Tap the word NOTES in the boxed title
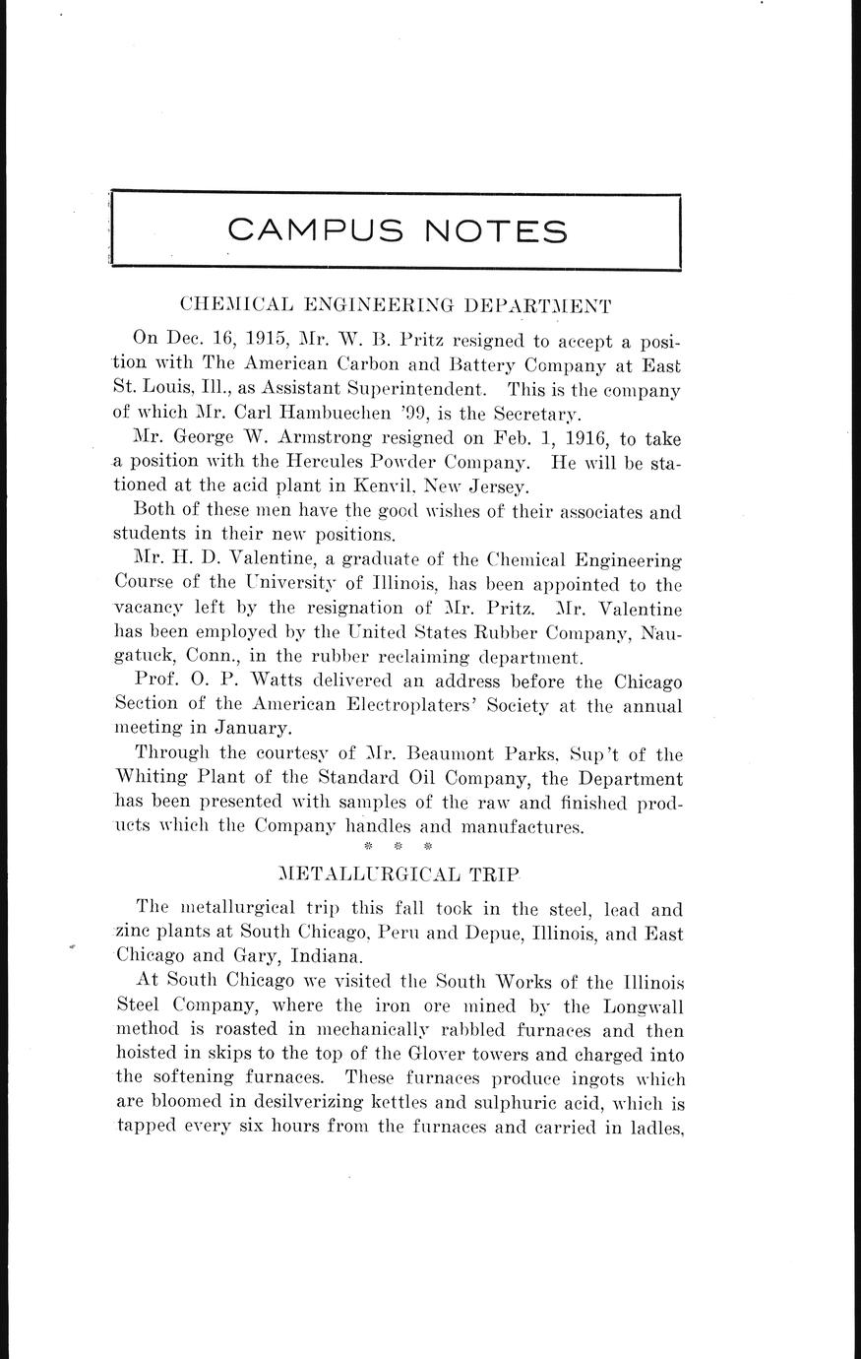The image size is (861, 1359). (496, 230)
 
